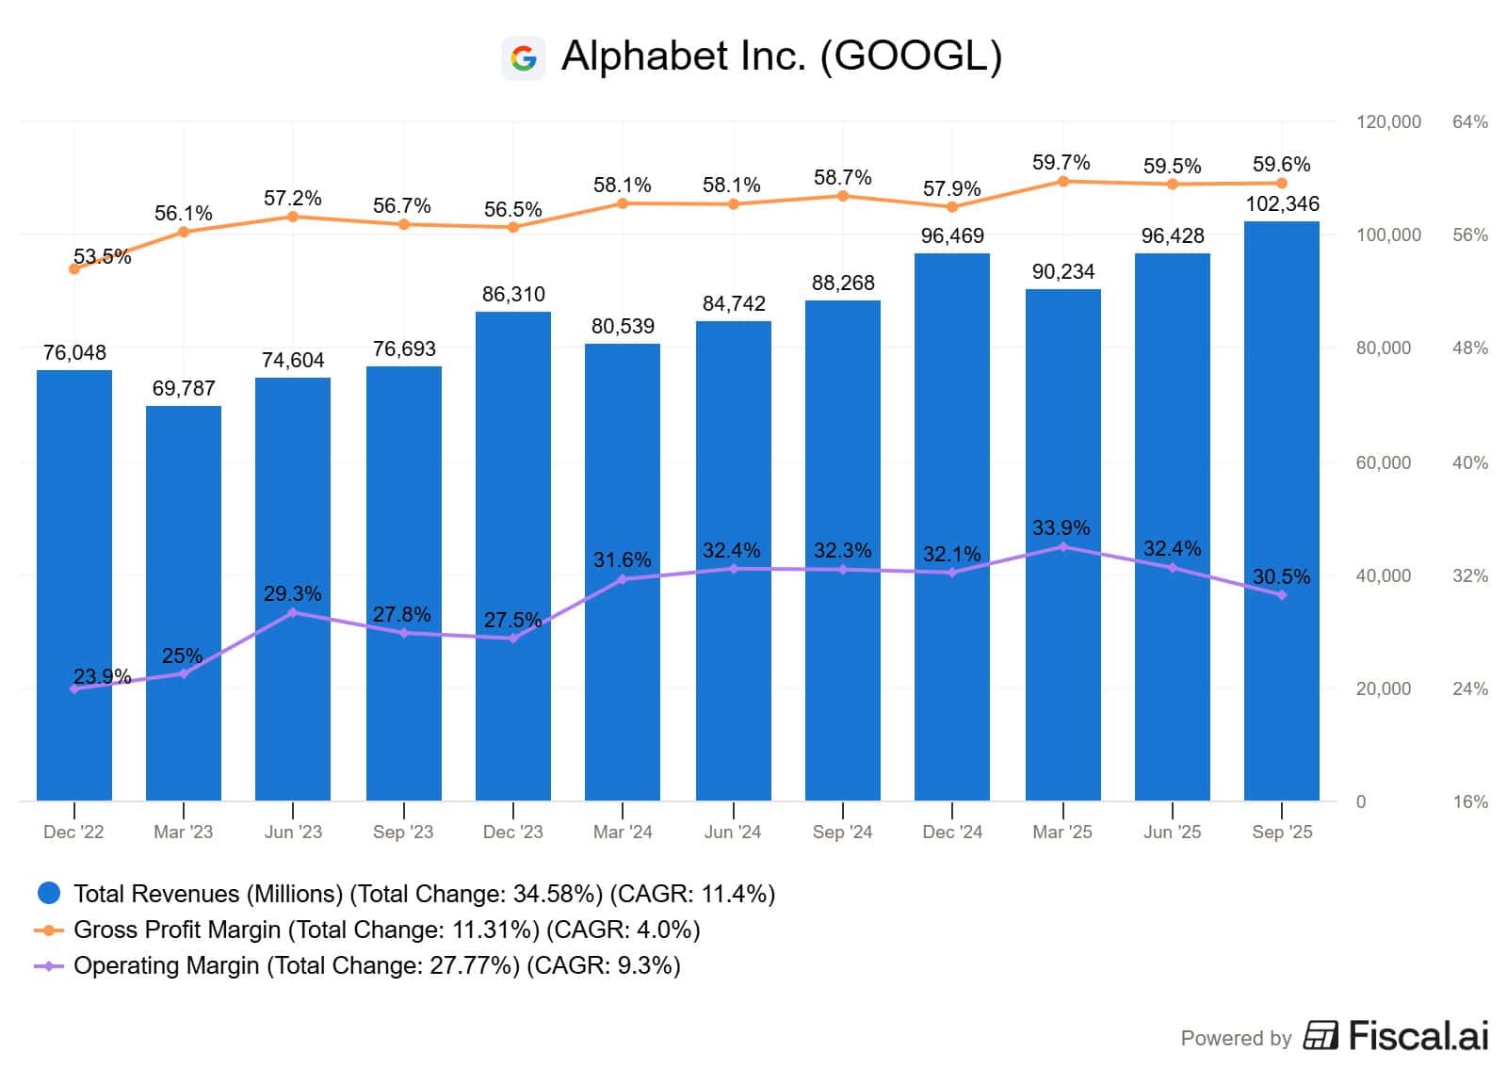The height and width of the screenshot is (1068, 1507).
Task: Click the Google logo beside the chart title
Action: tap(523, 58)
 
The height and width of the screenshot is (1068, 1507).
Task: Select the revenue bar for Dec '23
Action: tap(513, 556)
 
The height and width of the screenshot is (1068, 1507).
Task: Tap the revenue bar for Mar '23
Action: tap(184, 603)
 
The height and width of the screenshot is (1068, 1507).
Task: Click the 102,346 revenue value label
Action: tap(1282, 204)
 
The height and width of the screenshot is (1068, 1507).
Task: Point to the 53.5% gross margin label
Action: tap(102, 256)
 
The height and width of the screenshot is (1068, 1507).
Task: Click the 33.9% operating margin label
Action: tap(1061, 527)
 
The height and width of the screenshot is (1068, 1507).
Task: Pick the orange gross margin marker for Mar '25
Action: tap(1063, 182)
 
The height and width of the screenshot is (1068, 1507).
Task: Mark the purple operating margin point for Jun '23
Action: tap(293, 613)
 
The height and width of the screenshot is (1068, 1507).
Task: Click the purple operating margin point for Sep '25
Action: tap(1282, 595)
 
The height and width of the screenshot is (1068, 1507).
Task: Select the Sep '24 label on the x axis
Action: tap(842, 833)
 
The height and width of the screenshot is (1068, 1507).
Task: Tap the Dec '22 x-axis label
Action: tap(73, 833)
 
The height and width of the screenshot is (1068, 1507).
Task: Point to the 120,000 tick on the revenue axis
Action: tap(1388, 122)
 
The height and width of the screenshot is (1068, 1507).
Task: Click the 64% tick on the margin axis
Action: tap(1470, 122)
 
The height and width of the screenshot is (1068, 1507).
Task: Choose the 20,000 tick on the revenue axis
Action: tap(1384, 689)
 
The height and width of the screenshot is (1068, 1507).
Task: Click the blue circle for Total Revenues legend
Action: tap(48, 893)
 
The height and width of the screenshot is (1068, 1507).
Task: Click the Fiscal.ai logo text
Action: tap(1418, 1037)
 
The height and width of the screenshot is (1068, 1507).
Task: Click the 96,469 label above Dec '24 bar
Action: tap(952, 236)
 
